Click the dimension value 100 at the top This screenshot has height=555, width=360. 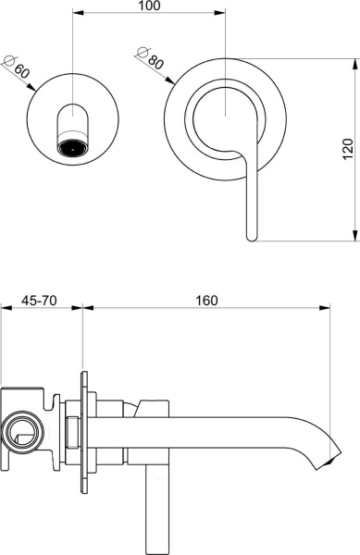click(148, 6)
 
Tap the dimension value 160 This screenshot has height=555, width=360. click(206, 300)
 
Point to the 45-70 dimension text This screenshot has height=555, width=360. click(40, 300)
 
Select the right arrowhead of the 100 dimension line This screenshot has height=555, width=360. click(221, 15)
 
